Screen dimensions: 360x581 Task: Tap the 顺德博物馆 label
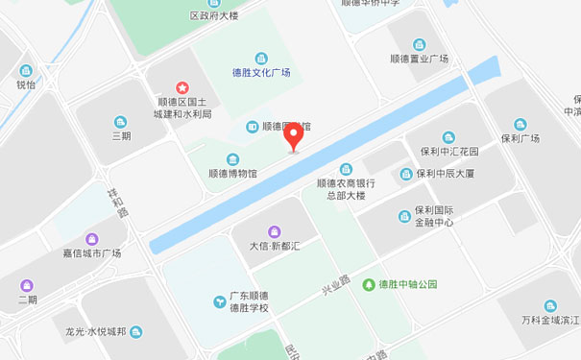coord(232,174)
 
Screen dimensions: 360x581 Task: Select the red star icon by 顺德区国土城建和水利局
coord(182,88)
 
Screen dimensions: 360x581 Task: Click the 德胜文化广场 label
coord(260,72)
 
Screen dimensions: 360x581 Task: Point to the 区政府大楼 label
coord(213,16)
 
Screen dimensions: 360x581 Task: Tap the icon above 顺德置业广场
coord(420,45)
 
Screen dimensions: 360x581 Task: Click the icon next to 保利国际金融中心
coord(404,216)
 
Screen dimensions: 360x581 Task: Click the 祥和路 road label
coord(116,203)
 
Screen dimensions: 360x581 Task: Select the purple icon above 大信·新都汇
coord(274,230)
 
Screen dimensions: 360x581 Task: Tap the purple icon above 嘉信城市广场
coord(92,238)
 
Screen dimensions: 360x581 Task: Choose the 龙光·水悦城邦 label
coord(96,332)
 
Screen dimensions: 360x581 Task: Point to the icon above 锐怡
coord(25,70)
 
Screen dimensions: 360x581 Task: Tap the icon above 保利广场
coord(520,124)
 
